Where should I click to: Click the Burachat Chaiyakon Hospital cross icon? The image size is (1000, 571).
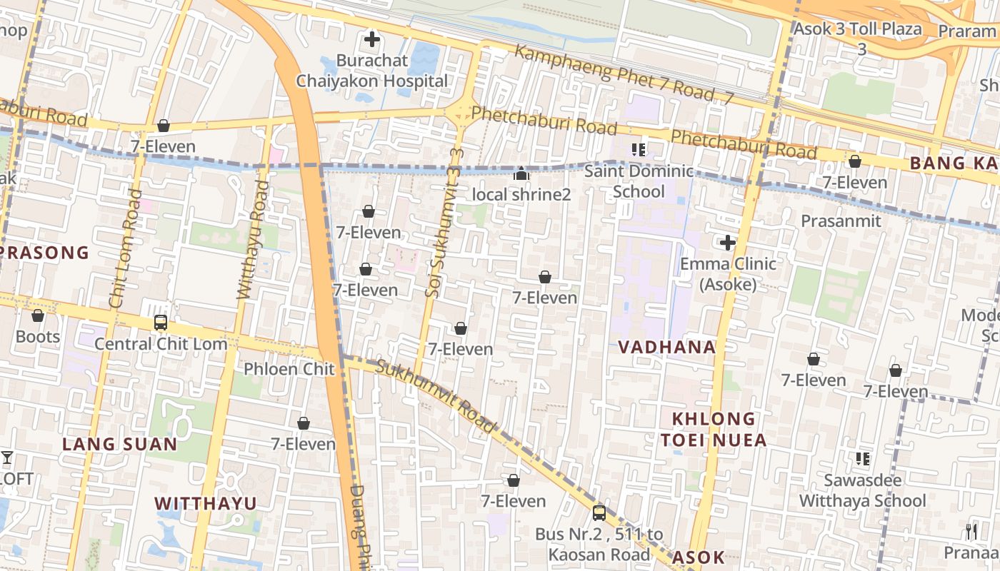pos(371,39)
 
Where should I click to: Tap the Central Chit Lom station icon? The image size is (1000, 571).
pos(161,323)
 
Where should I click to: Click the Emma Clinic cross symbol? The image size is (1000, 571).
pos(728,243)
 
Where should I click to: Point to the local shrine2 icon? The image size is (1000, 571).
pos(521,173)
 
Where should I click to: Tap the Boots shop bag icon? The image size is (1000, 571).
pos(38,315)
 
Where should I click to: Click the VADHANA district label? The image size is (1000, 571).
pos(666,348)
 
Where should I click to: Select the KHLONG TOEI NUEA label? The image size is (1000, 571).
pos(713,429)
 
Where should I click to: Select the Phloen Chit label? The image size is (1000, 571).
pos(289,369)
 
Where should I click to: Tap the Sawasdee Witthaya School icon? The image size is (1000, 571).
pos(863,458)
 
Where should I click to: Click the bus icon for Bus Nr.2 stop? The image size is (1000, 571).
pos(599,512)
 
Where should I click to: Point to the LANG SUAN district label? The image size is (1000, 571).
pos(119,444)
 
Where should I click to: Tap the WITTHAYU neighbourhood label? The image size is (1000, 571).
pos(206,503)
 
